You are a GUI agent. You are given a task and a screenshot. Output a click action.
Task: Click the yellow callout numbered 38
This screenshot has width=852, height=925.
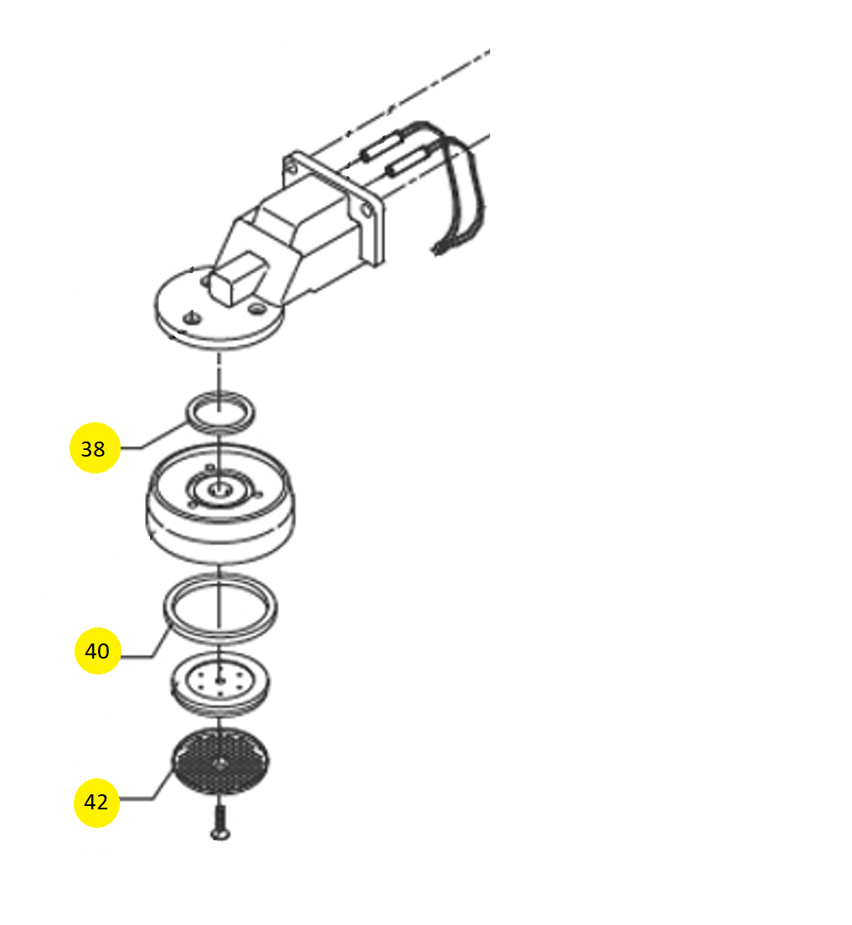coord(95,447)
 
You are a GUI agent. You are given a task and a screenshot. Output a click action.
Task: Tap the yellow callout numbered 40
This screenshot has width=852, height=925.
coord(97,651)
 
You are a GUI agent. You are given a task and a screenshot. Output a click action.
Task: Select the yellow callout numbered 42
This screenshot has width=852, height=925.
coord(96,803)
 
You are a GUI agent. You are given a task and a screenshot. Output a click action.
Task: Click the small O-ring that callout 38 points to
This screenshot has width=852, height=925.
coord(220,411)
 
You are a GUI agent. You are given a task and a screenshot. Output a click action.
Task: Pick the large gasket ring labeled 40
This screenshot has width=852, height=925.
coord(220,607)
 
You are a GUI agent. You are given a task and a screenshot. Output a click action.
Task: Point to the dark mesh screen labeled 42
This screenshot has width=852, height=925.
coord(219,761)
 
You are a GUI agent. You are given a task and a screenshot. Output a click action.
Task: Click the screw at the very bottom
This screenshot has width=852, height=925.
coord(220,823)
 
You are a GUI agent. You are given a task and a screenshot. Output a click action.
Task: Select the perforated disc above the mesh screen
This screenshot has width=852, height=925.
coord(220,684)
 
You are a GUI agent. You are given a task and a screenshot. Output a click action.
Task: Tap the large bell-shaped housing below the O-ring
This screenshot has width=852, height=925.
coord(220,503)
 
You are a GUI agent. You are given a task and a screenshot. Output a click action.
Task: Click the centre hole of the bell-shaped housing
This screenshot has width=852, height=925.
coord(220,488)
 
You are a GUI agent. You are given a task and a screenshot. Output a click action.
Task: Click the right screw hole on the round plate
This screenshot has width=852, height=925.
coord(256,308)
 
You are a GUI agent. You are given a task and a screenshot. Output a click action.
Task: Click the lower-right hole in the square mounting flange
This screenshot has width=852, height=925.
coord(366,210)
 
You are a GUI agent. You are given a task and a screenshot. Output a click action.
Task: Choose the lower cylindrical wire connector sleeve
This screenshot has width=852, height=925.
coord(407,161)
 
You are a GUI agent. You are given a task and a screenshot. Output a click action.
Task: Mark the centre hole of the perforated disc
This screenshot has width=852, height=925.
coord(219,681)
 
